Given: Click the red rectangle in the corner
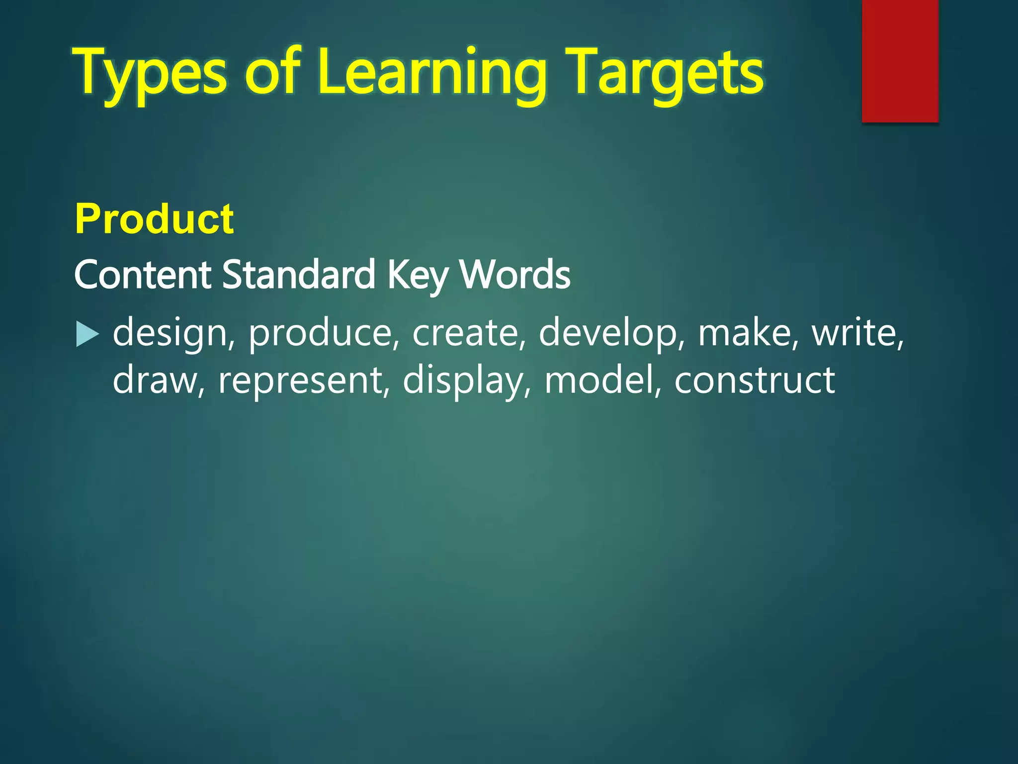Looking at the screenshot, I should [900, 61].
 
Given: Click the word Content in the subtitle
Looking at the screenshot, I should [142, 275].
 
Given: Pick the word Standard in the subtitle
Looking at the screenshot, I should [298, 275].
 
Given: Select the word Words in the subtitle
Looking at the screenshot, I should [515, 275].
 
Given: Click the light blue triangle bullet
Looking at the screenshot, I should [87, 334].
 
